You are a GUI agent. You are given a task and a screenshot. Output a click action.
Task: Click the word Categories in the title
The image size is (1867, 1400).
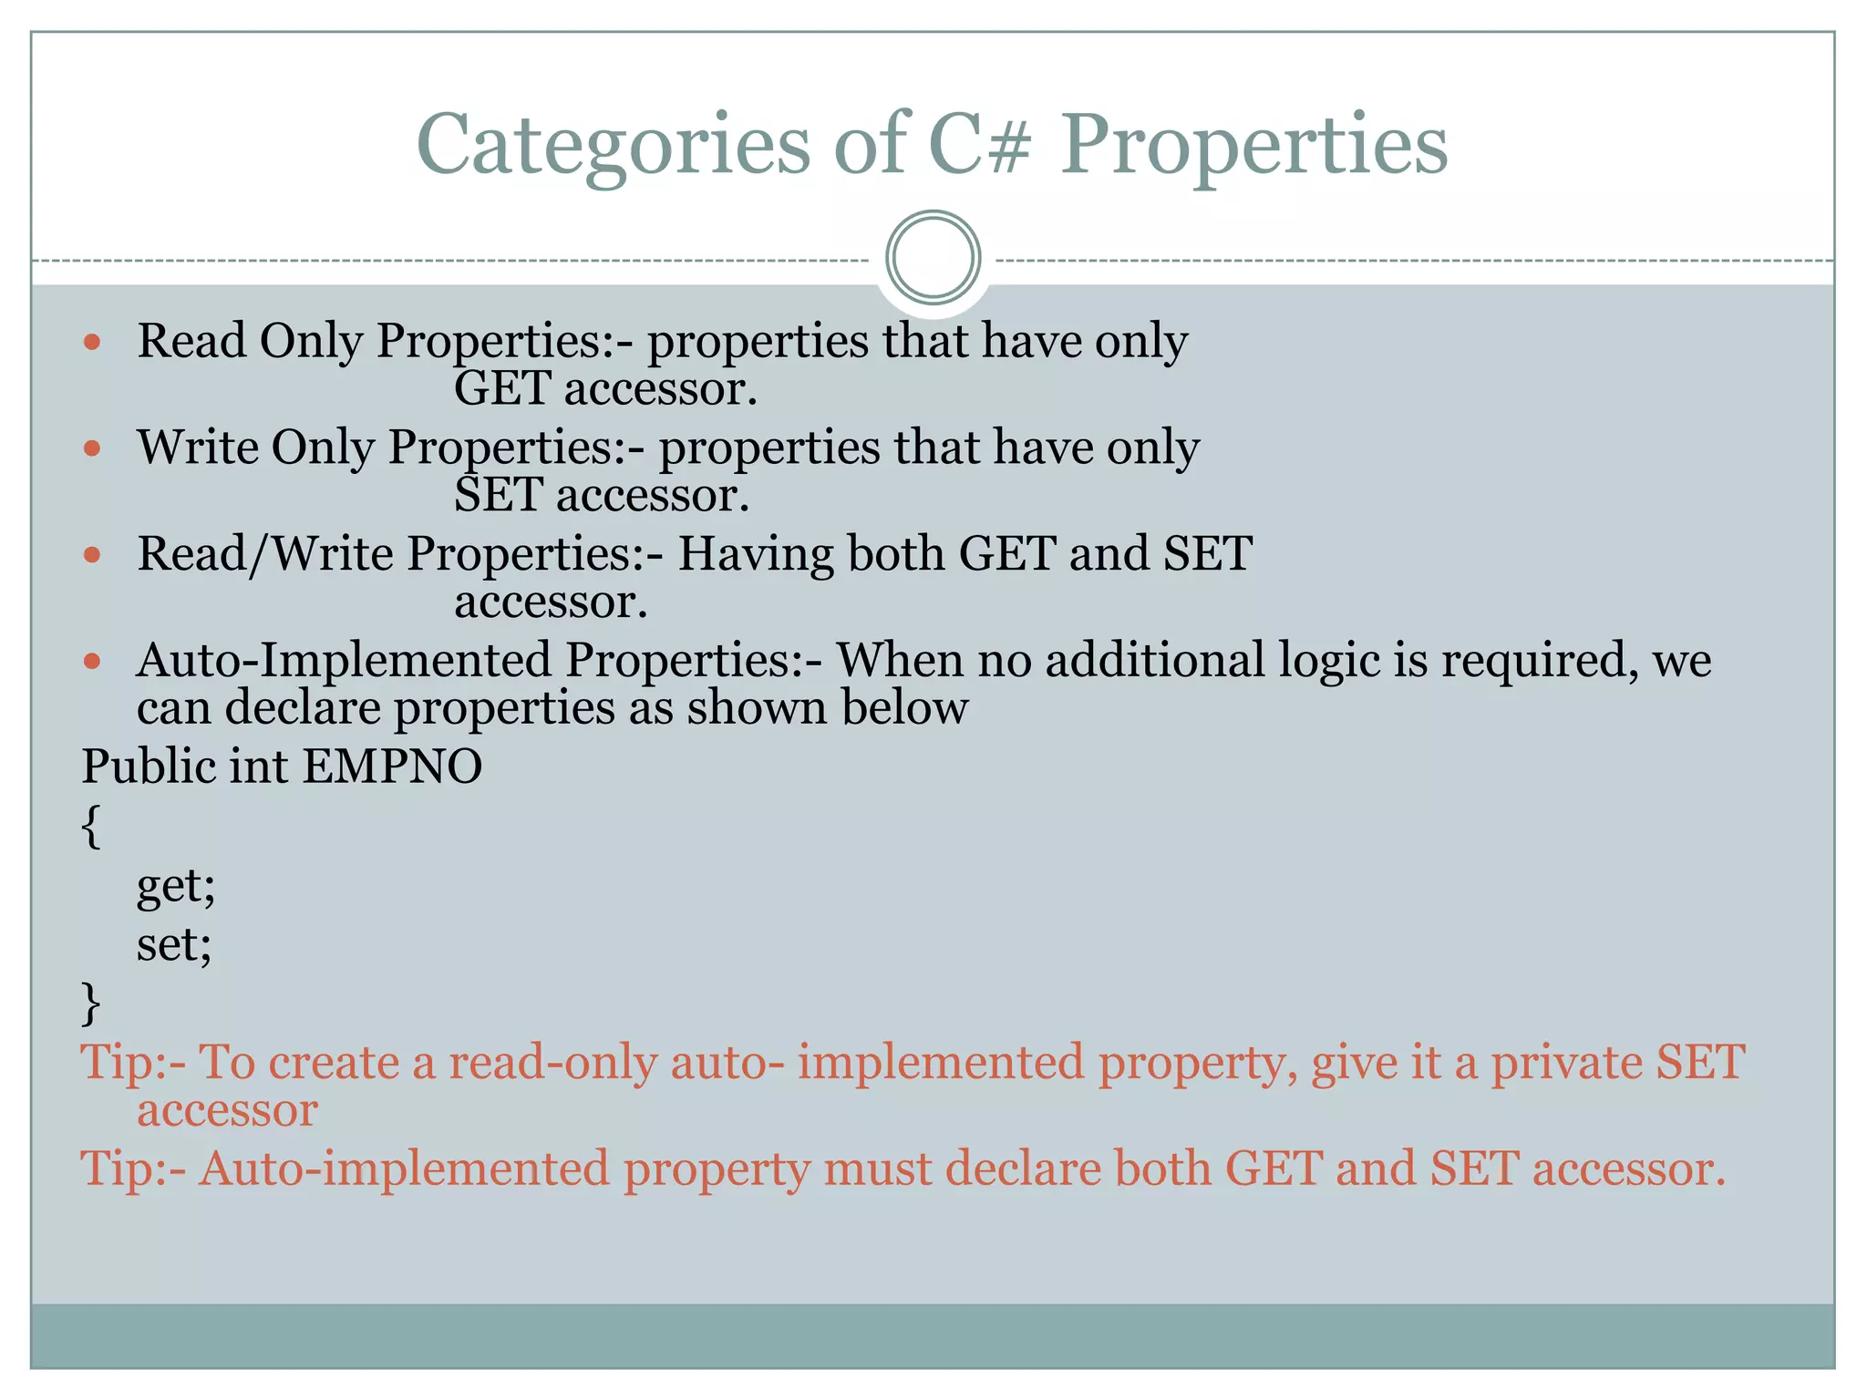(613, 146)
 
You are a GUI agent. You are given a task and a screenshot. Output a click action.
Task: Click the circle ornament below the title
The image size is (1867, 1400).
(933, 257)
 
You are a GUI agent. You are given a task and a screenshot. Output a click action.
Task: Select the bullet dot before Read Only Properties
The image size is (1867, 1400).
(92, 343)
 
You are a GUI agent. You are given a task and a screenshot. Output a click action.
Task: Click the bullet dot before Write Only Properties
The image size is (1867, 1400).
(92, 448)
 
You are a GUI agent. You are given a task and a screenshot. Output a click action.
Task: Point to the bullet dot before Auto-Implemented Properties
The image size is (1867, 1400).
(92, 661)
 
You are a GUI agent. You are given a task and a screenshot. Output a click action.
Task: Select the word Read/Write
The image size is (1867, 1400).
(264, 554)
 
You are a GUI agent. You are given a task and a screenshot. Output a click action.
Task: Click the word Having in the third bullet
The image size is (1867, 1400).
(755, 554)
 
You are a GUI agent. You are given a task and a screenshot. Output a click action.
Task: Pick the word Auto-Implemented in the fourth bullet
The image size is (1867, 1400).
(344, 661)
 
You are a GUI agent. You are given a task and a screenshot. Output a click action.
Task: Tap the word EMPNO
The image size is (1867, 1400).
(391, 767)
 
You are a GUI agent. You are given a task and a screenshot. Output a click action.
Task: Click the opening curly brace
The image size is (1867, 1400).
(90, 826)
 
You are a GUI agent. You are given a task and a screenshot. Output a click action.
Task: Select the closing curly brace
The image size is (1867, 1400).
(90, 1004)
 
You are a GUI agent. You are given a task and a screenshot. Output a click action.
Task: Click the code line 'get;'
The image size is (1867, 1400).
(176, 886)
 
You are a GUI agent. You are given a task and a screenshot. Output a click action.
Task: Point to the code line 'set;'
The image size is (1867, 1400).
(174, 944)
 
